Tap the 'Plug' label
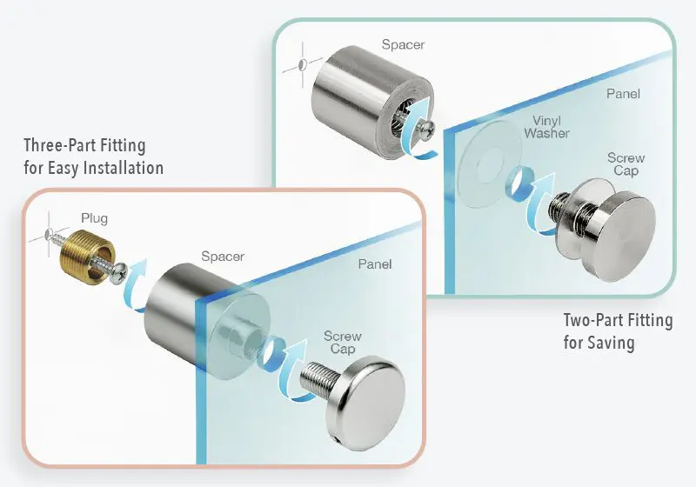point(94,219)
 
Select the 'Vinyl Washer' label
point(546,127)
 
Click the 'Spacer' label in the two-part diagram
point(403,45)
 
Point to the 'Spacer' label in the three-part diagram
point(223,257)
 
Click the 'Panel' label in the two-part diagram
point(623,94)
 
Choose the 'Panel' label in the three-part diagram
point(375,264)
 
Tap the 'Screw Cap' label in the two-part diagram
point(626,164)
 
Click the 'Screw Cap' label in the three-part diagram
point(342,342)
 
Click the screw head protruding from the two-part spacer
point(427,130)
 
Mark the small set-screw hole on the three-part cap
point(338,441)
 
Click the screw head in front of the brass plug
point(120,272)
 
